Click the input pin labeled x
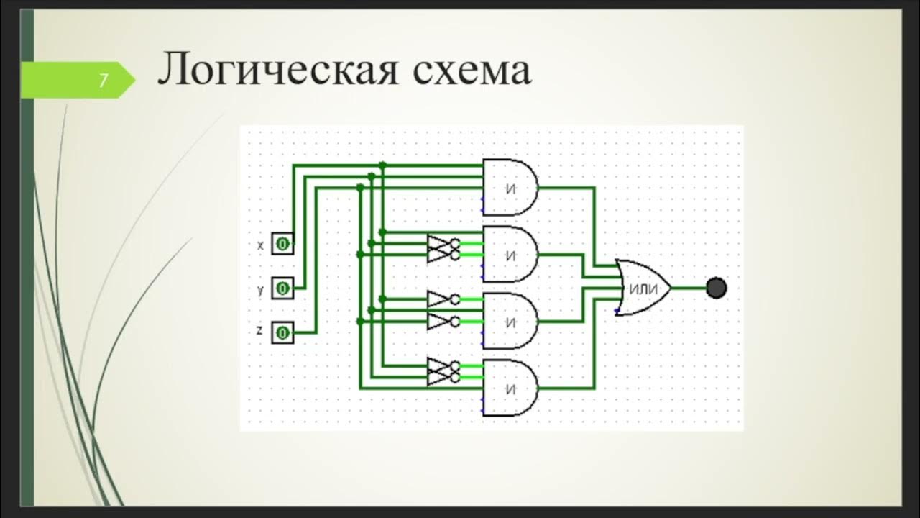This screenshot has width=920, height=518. click(x=282, y=245)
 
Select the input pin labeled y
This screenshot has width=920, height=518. click(x=282, y=288)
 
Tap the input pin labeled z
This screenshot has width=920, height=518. click(x=282, y=332)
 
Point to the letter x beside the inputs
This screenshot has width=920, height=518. click(x=260, y=245)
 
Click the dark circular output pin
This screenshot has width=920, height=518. click(x=716, y=288)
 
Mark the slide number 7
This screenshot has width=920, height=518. click(x=103, y=80)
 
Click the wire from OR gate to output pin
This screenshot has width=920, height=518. click(x=689, y=288)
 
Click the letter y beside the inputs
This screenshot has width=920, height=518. click(x=260, y=290)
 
